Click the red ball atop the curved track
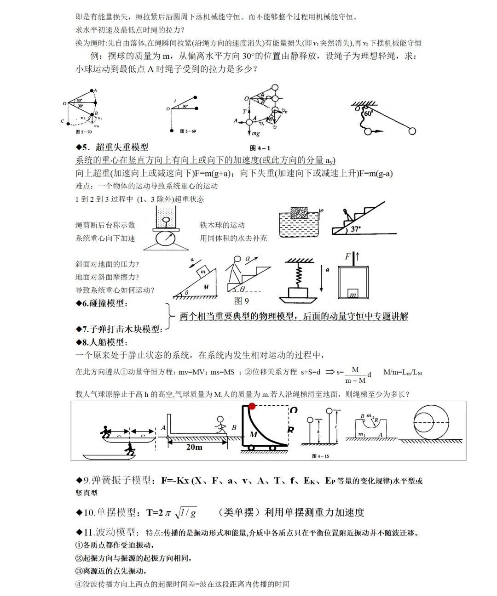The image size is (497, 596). coord(252,406)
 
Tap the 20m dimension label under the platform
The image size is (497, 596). coord(194,447)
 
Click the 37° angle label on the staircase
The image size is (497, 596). coord(355,228)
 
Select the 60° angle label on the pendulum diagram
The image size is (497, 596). coord(368,113)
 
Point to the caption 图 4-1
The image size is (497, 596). coord(260,148)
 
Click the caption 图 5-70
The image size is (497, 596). coord(84,132)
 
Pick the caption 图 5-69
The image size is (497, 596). coord(188,131)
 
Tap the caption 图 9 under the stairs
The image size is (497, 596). coord(241,301)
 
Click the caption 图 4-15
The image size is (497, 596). coord(320,456)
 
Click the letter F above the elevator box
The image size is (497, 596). coord(348,256)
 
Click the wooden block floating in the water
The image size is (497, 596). coord(299,213)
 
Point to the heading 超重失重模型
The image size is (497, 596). coord(121,147)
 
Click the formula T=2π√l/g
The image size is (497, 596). coord(172,512)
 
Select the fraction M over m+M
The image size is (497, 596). coord(355,375)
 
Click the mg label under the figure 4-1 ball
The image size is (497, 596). coord(255,134)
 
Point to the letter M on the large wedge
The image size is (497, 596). coord(206,287)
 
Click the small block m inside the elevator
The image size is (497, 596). coord(353,294)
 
